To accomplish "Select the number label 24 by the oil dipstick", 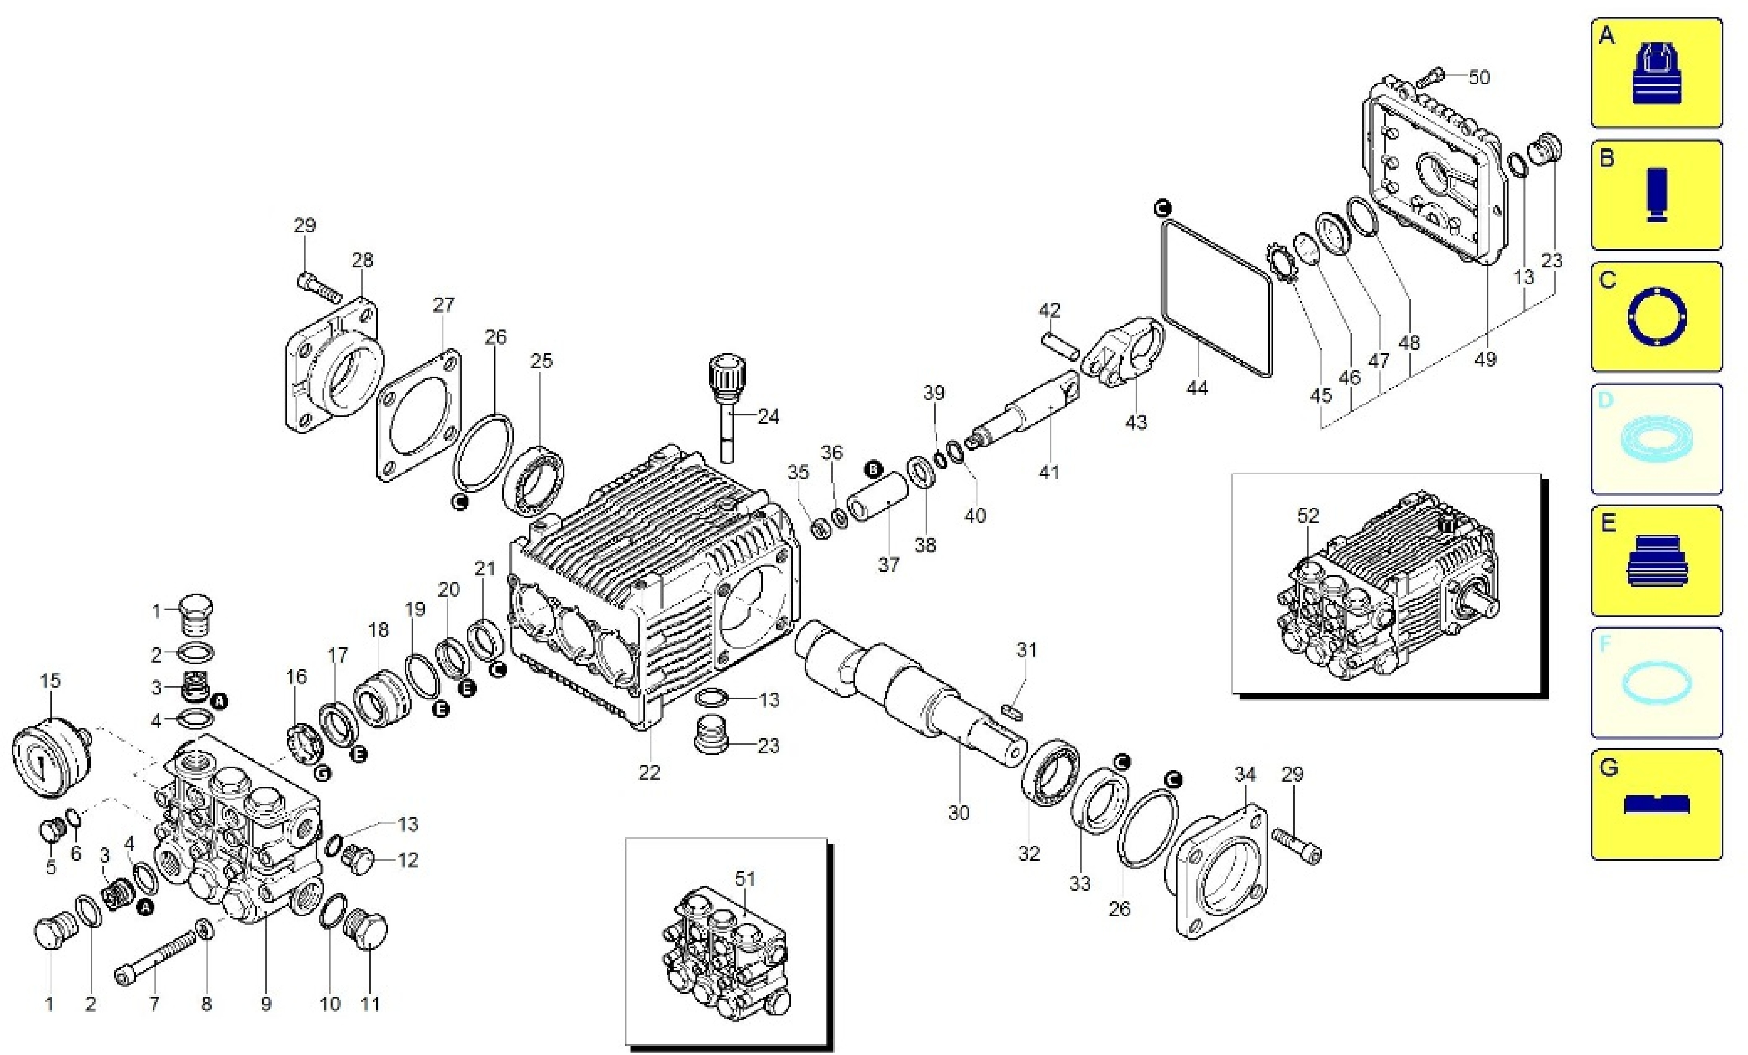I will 768,417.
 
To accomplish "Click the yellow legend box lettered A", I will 1656,73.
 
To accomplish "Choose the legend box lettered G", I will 1656,804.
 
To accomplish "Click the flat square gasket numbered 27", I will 418,414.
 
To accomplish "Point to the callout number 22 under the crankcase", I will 649,773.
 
